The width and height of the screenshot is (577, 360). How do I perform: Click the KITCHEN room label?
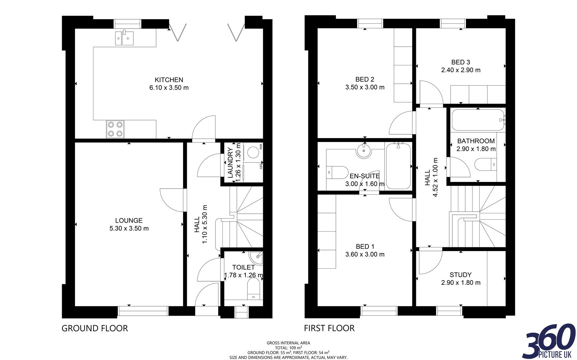[x=169, y=80]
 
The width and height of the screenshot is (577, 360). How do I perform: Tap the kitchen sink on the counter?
[x=124, y=38]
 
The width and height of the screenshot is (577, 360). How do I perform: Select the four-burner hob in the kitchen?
[x=115, y=129]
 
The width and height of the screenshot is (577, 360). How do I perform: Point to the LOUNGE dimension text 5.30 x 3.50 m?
[x=129, y=228]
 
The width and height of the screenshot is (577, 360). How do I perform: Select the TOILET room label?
[x=243, y=267]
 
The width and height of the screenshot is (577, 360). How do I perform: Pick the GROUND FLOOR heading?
[x=95, y=328]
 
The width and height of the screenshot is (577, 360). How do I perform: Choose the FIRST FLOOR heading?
[x=329, y=328]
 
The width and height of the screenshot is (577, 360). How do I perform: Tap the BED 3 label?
[x=461, y=62]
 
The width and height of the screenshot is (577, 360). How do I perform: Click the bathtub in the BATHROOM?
[x=477, y=120]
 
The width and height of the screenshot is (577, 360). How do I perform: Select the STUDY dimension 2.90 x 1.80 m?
[x=461, y=283]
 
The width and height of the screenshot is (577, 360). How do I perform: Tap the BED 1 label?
[x=365, y=247]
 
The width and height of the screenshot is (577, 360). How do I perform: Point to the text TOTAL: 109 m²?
[x=288, y=347]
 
